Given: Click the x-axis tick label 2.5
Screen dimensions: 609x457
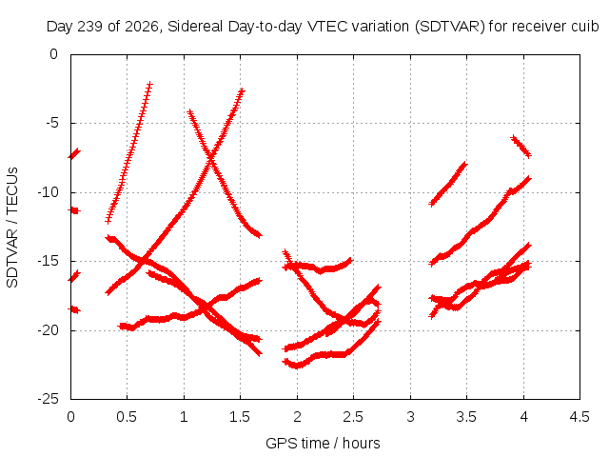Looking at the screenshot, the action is tap(353, 417).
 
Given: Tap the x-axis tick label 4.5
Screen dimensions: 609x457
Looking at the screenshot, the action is tap(580, 417).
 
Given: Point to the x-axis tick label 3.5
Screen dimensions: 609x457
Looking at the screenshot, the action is tap(466, 417).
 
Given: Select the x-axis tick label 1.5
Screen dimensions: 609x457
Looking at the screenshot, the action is tap(240, 417).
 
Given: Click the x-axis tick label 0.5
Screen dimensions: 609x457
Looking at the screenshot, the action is tap(127, 417).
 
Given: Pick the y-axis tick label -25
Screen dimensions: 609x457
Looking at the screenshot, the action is tap(49, 399).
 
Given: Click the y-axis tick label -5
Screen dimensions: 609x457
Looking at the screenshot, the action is tap(52, 123).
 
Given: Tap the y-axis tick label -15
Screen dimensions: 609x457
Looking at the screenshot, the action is tap(49, 261).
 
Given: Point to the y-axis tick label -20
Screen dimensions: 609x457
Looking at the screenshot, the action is tap(49, 330).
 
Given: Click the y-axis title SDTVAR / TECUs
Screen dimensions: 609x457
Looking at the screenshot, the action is tap(12, 228).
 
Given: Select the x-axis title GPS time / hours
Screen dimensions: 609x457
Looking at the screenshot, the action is tap(323, 444).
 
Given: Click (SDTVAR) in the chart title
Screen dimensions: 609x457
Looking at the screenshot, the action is tap(450, 27).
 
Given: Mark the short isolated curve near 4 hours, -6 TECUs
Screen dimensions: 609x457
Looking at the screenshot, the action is tap(521, 147).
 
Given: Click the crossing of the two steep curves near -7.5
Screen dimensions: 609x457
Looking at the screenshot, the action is tap(211, 159).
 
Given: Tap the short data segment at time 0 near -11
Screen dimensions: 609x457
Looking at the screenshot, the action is tap(74, 210).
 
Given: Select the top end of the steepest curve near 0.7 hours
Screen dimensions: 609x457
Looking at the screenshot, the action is tap(149, 84).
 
